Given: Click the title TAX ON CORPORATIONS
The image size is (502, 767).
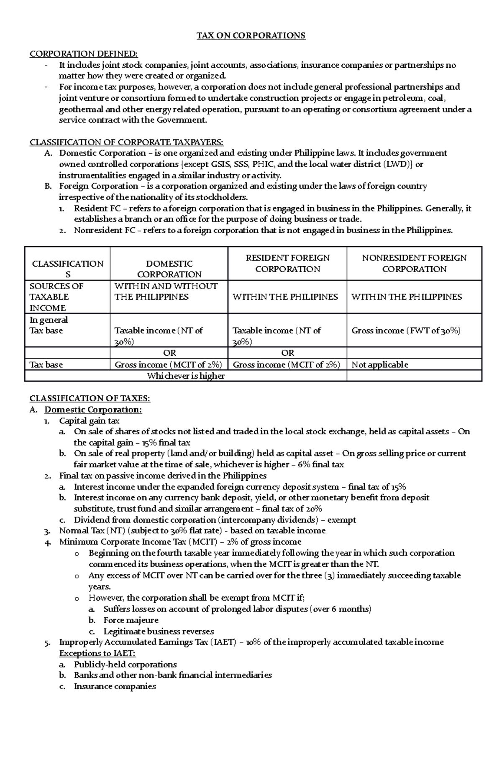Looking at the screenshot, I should [251, 36].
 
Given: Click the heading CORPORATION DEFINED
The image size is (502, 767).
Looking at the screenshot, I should [83, 54].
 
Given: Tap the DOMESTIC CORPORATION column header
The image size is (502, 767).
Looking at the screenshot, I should [169, 269].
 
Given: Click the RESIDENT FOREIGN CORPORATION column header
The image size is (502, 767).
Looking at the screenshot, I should [287, 263].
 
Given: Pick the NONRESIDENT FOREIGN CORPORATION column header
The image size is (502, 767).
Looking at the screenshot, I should [414, 263].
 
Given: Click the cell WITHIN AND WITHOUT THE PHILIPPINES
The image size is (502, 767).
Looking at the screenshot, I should [166, 291].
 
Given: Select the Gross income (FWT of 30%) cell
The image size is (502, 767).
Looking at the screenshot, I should [406, 331].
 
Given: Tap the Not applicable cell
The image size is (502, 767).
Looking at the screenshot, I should [379, 364].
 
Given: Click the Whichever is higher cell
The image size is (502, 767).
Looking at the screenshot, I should [186, 376].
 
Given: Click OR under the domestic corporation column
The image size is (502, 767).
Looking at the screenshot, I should [169, 353].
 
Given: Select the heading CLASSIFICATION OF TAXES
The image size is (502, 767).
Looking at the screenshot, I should [90, 398].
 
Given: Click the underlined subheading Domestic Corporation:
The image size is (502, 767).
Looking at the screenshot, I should [93, 410].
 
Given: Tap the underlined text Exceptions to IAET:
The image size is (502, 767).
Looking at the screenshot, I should [97, 653].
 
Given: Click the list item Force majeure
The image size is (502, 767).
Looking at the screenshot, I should [131, 620].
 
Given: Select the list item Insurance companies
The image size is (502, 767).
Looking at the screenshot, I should [115, 686].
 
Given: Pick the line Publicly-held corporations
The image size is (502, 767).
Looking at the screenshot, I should [125, 664].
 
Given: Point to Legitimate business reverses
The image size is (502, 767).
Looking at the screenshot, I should [159, 631].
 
